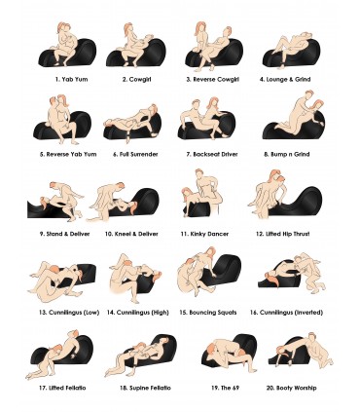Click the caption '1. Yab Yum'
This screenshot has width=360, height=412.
pyautogui.click(x=71, y=79)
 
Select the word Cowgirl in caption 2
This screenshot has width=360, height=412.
pyautogui.click(x=140, y=79)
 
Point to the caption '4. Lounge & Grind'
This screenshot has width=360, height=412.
pyautogui.click(x=285, y=79)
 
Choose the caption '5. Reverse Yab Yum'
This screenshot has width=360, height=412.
pyautogui.click(x=68, y=154)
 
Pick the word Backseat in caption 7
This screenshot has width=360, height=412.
pyautogui.click(x=206, y=154)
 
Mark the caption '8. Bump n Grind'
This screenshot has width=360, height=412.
pyautogui.click(x=287, y=154)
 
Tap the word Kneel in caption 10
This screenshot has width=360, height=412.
pyautogui.click(x=123, y=234)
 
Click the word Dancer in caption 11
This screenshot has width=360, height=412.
pyautogui.click(x=218, y=234)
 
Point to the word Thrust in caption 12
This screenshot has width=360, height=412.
pyautogui.click(x=300, y=234)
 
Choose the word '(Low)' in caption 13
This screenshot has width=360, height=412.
pyautogui.click(x=91, y=313)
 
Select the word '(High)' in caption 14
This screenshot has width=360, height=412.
pyautogui.click(x=160, y=313)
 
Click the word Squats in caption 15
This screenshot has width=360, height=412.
pyautogui.click(x=227, y=313)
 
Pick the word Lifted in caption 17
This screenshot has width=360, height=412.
pyautogui.click(x=55, y=388)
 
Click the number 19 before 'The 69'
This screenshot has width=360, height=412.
pyautogui.click(x=215, y=388)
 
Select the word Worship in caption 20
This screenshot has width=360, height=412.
pyautogui.click(x=305, y=388)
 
